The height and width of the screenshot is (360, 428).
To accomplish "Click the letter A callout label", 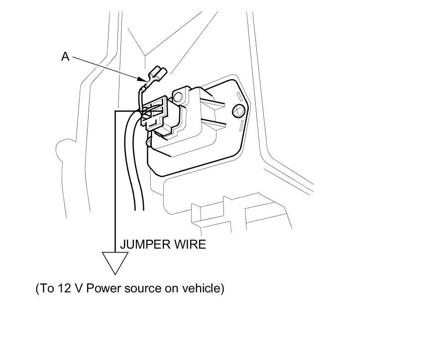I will [x=65, y=57].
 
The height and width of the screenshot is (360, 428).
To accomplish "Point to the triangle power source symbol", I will [x=115, y=261].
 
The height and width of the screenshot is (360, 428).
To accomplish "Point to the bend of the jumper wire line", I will [x=115, y=111].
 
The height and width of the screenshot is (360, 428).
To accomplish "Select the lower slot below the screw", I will [x=239, y=124].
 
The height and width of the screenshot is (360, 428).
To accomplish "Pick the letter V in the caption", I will [x=78, y=288].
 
